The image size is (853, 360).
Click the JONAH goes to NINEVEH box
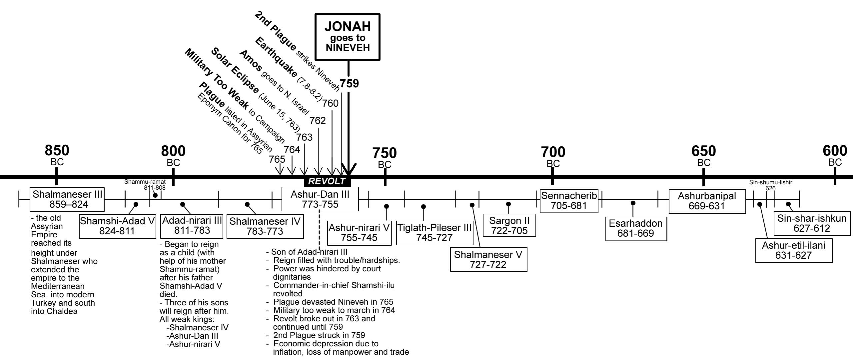pos(348,37)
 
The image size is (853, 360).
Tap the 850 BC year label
pos(57,155)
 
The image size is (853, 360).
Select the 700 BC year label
pos(553,156)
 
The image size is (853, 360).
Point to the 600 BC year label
pos(835,155)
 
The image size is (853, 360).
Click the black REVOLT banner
pos(327,181)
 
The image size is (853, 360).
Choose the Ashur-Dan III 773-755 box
pos(320,199)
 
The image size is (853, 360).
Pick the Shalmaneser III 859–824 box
pos(67,199)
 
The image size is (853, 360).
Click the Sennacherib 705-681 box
pos(569,200)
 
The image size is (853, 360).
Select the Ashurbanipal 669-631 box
pos(707,201)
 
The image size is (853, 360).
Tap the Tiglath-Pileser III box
pos(434,233)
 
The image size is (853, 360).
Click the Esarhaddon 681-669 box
pos(636,228)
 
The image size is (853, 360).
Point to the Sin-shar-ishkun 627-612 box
pos(812,223)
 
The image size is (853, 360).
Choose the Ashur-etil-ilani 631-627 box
pos(793,250)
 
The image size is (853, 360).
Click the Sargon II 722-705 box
pos(509,226)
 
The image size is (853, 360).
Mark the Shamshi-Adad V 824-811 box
pos(117,226)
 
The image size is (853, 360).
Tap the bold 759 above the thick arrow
pos(349,83)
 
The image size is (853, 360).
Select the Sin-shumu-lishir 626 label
pos(770,185)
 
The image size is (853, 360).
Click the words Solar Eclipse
pos(235,70)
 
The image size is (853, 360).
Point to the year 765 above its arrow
pos(277,159)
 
